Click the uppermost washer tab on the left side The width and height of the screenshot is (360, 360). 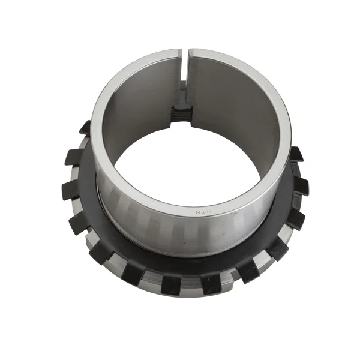coord(85,127)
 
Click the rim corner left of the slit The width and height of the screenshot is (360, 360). coord(179,53)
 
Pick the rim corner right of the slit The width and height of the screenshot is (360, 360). coord(191,53)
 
